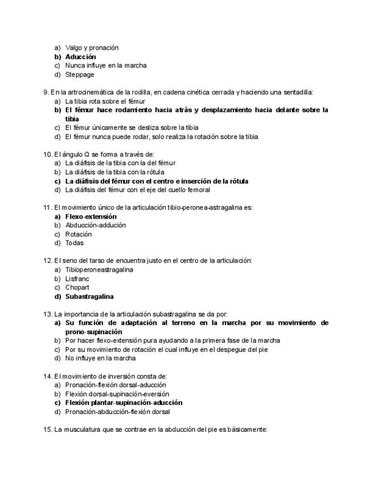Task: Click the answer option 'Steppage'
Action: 80,75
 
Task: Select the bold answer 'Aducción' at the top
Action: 80,57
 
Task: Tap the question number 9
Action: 46,92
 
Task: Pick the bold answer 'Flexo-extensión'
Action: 91,216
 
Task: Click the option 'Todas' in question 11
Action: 75,243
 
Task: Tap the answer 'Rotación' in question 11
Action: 79,234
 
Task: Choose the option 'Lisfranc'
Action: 77,279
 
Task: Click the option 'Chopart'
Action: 77,288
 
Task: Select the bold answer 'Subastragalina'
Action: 89,297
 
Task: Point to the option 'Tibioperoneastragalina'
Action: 99,270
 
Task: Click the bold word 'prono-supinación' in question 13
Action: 93,332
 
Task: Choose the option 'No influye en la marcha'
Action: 100,358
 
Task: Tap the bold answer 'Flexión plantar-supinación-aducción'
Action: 124,403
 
